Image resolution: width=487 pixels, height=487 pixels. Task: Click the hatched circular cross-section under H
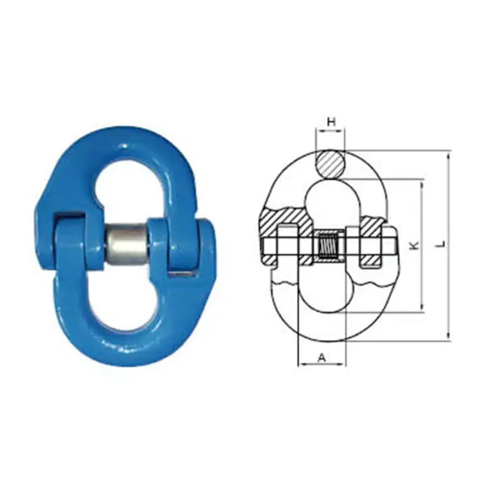click(x=330, y=164)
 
